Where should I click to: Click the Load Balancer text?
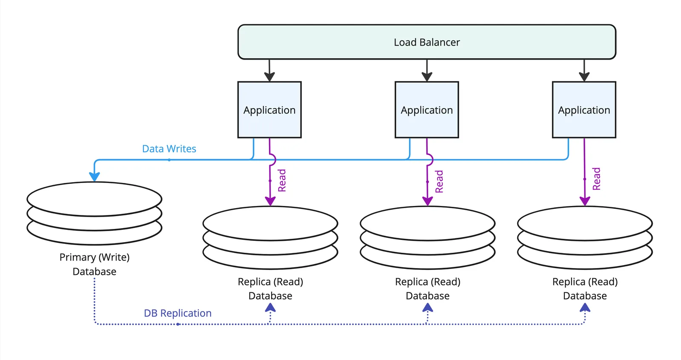coord(426,42)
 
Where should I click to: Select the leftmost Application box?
coord(269,110)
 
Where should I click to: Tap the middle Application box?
coord(426,110)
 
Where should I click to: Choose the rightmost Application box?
coord(584,110)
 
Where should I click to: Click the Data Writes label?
coord(169,149)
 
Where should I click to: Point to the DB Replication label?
coord(177,313)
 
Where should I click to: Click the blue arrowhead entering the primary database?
coord(94,176)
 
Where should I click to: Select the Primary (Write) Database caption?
coord(94,264)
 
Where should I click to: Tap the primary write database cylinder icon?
coord(94,213)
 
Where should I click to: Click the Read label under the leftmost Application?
coord(282,180)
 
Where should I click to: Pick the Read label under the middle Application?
coord(439,181)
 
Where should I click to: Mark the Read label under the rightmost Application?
coord(596,179)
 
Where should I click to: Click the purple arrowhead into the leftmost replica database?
coord(270,201)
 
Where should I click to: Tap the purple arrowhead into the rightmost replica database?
coord(585,201)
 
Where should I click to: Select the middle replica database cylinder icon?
coord(427,237)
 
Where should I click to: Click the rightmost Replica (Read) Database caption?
coord(585,289)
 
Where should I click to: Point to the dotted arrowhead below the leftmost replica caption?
coord(270,308)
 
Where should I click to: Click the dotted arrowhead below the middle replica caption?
coord(427,308)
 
